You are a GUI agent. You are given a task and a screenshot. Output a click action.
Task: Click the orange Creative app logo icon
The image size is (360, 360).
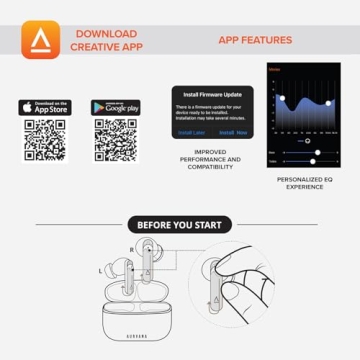click(41, 41)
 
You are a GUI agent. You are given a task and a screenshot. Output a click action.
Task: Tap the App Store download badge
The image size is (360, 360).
click(45, 107)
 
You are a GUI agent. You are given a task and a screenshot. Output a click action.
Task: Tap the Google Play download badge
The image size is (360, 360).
click(115, 107)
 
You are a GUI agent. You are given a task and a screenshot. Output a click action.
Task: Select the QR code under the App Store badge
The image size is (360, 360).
click(45, 140)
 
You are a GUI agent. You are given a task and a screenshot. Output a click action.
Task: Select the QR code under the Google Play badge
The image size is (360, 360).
click(115, 140)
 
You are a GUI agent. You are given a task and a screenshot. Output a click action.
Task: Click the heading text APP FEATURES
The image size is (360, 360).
click(255, 41)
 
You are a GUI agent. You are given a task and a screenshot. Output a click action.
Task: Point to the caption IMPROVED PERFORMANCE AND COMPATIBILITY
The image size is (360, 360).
click(211, 159)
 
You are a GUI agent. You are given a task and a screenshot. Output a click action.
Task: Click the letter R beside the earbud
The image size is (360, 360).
click(131, 249)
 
